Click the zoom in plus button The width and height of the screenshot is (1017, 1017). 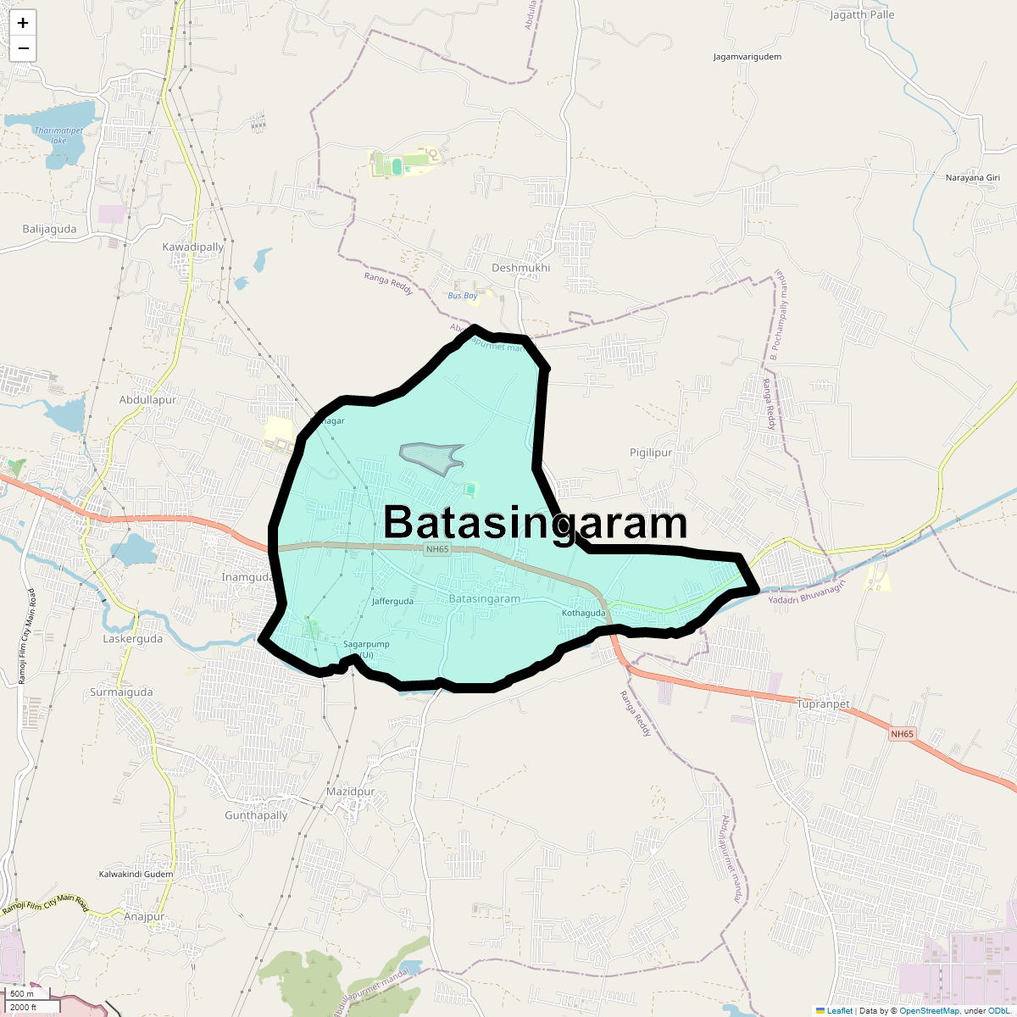pos(23,23)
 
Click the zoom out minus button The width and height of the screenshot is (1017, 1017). pos(23,48)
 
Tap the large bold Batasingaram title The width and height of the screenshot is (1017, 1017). pos(535,523)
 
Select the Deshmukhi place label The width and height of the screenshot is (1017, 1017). pos(520,268)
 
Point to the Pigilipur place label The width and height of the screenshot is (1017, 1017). pos(651,453)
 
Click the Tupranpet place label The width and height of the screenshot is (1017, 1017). pos(823,704)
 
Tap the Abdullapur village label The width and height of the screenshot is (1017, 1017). pos(147,400)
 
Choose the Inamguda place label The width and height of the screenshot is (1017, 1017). pos(247,577)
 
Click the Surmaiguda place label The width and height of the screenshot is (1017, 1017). pos(121,692)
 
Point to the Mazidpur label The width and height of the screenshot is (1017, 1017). pos(350,792)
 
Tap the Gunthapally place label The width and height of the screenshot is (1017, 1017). pos(256,815)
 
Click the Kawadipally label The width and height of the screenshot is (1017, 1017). pos(193,247)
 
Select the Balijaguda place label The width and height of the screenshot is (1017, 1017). pos(49,230)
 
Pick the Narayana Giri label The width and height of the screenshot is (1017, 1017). pos(973,178)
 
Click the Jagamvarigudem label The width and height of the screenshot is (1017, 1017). pos(747,57)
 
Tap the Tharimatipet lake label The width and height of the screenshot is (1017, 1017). pos(58,135)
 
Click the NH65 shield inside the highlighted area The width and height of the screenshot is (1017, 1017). pos(437,549)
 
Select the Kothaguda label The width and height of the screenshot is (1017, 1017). pos(583,613)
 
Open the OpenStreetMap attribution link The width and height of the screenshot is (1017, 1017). pos(929,1010)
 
